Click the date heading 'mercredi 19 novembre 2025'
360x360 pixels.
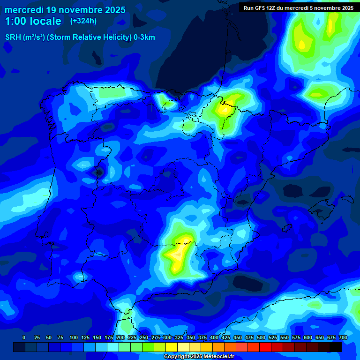65,10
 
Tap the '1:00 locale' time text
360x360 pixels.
33,21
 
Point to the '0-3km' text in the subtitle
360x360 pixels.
144,37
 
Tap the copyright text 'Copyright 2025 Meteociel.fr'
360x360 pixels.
199,357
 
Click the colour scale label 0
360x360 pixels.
24,337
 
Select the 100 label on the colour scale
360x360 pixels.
74,337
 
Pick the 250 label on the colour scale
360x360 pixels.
144,337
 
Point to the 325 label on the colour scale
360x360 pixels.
179,337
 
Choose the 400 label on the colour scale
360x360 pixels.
214,337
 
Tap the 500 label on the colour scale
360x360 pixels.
261,337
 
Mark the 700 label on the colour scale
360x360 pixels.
343,337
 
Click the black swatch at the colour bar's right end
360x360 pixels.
336,347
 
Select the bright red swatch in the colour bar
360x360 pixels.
265,347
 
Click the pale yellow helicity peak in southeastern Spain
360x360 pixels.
178,254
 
